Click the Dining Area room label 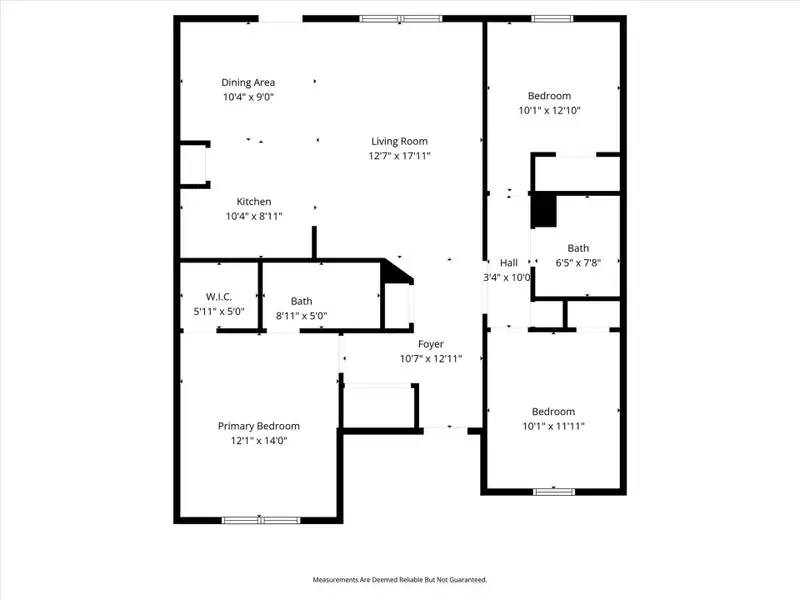tap(248, 82)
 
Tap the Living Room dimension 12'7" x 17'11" tap(400, 156)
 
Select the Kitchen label tap(253, 201)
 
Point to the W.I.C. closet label tap(219, 297)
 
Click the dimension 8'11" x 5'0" tap(301, 316)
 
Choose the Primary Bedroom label tap(258, 426)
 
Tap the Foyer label tap(430, 344)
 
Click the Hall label tap(509, 262)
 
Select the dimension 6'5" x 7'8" tap(578, 263)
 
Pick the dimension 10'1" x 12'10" tap(552, 111)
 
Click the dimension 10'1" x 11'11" tap(552, 426)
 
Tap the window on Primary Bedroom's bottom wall tap(260, 519)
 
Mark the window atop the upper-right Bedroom tap(552, 18)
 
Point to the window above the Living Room tap(400, 18)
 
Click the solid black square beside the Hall tap(543, 210)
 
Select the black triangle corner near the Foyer tap(396, 271)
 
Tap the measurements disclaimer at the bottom tap(400, 580)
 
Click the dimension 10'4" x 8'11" tap(253, 216)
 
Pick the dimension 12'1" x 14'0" tap(258, 441)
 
